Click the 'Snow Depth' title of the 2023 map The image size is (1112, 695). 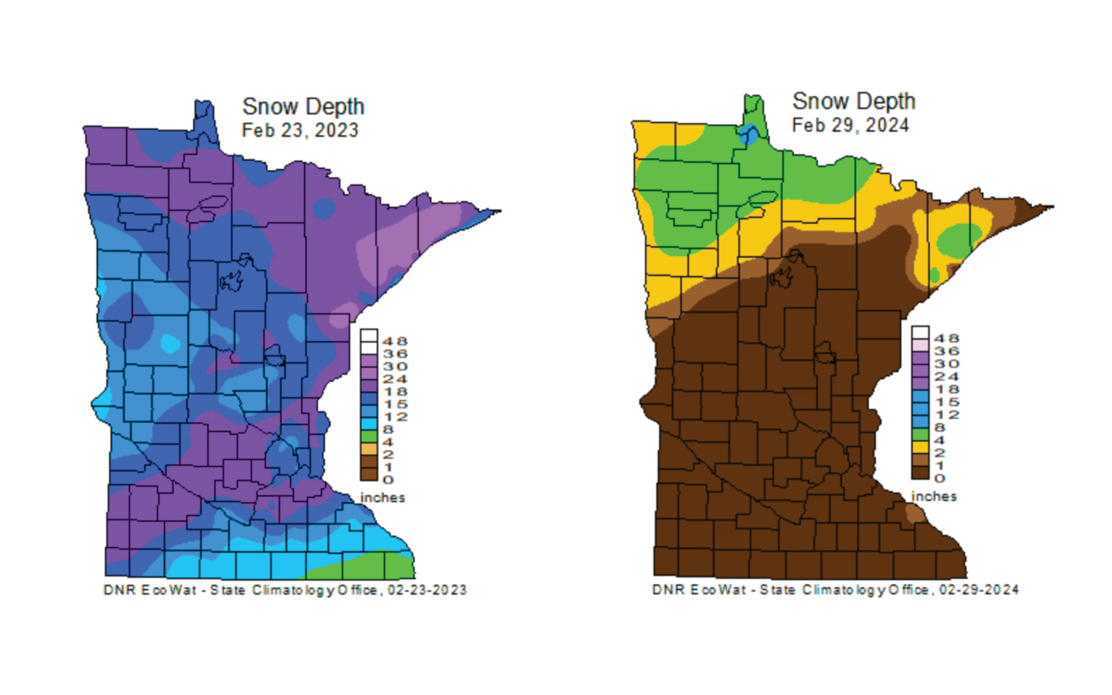point(303,106)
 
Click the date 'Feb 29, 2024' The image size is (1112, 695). point(850,125)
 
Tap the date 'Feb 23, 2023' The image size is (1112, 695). point(300,130)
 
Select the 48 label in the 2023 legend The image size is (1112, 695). point(395,341)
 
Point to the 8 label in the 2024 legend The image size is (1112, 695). point(940,428)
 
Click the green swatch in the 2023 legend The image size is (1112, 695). point(369,436)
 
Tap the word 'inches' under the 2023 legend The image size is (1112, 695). point(383,498)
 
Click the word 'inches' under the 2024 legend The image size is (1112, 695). point(934,496)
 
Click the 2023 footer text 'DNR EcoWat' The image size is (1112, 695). point(149,590)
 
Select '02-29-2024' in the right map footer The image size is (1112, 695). point(979,590)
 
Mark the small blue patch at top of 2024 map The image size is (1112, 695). point(749,134)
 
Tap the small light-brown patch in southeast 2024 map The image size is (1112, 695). point(914,512)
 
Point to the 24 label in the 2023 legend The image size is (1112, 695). point(395,379)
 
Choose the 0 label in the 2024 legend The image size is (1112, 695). point(940,478)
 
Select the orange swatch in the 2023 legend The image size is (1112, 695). point(369,449)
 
